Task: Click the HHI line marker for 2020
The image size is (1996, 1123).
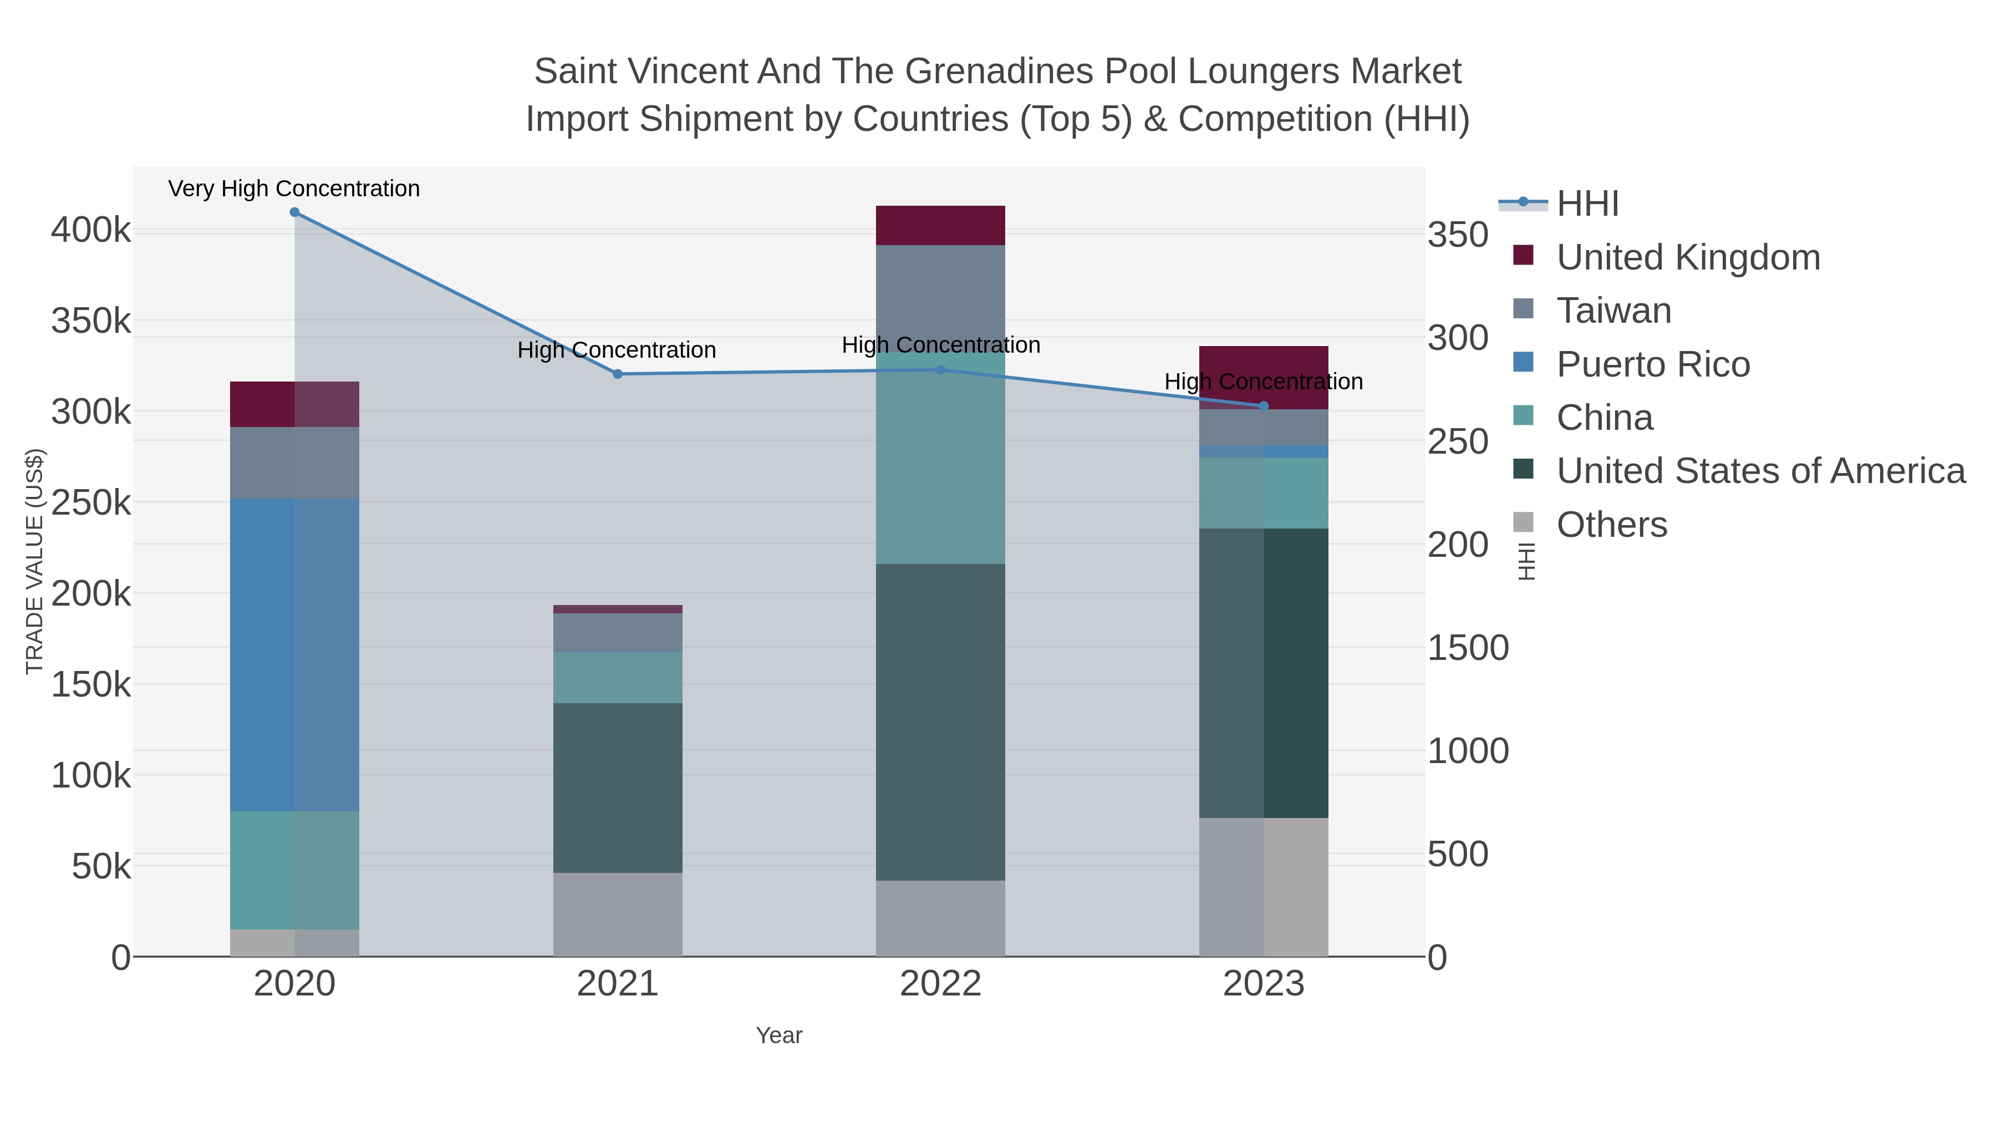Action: point(294,212)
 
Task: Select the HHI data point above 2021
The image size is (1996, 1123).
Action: point(618,374)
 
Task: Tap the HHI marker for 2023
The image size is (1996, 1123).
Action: point(1264,406)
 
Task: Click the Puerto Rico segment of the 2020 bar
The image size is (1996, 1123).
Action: point(294,655)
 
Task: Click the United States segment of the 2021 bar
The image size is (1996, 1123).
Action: point(618,788)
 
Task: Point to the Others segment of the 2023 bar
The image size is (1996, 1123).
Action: point(1264,887)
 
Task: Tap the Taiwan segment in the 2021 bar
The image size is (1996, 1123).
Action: point(618,632)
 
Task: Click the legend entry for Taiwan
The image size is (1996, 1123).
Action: point(1613,311)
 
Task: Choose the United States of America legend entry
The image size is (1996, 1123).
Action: point(1760,471)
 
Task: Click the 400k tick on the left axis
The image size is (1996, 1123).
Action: point(91,230)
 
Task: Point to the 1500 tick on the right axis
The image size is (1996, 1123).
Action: point(1468,648)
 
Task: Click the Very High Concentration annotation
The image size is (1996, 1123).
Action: point(294,189)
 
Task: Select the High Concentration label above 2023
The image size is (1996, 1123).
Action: point(1264,382)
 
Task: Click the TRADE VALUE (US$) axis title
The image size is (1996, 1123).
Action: point(35,562)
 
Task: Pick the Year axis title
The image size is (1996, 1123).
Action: point(779,1035)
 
